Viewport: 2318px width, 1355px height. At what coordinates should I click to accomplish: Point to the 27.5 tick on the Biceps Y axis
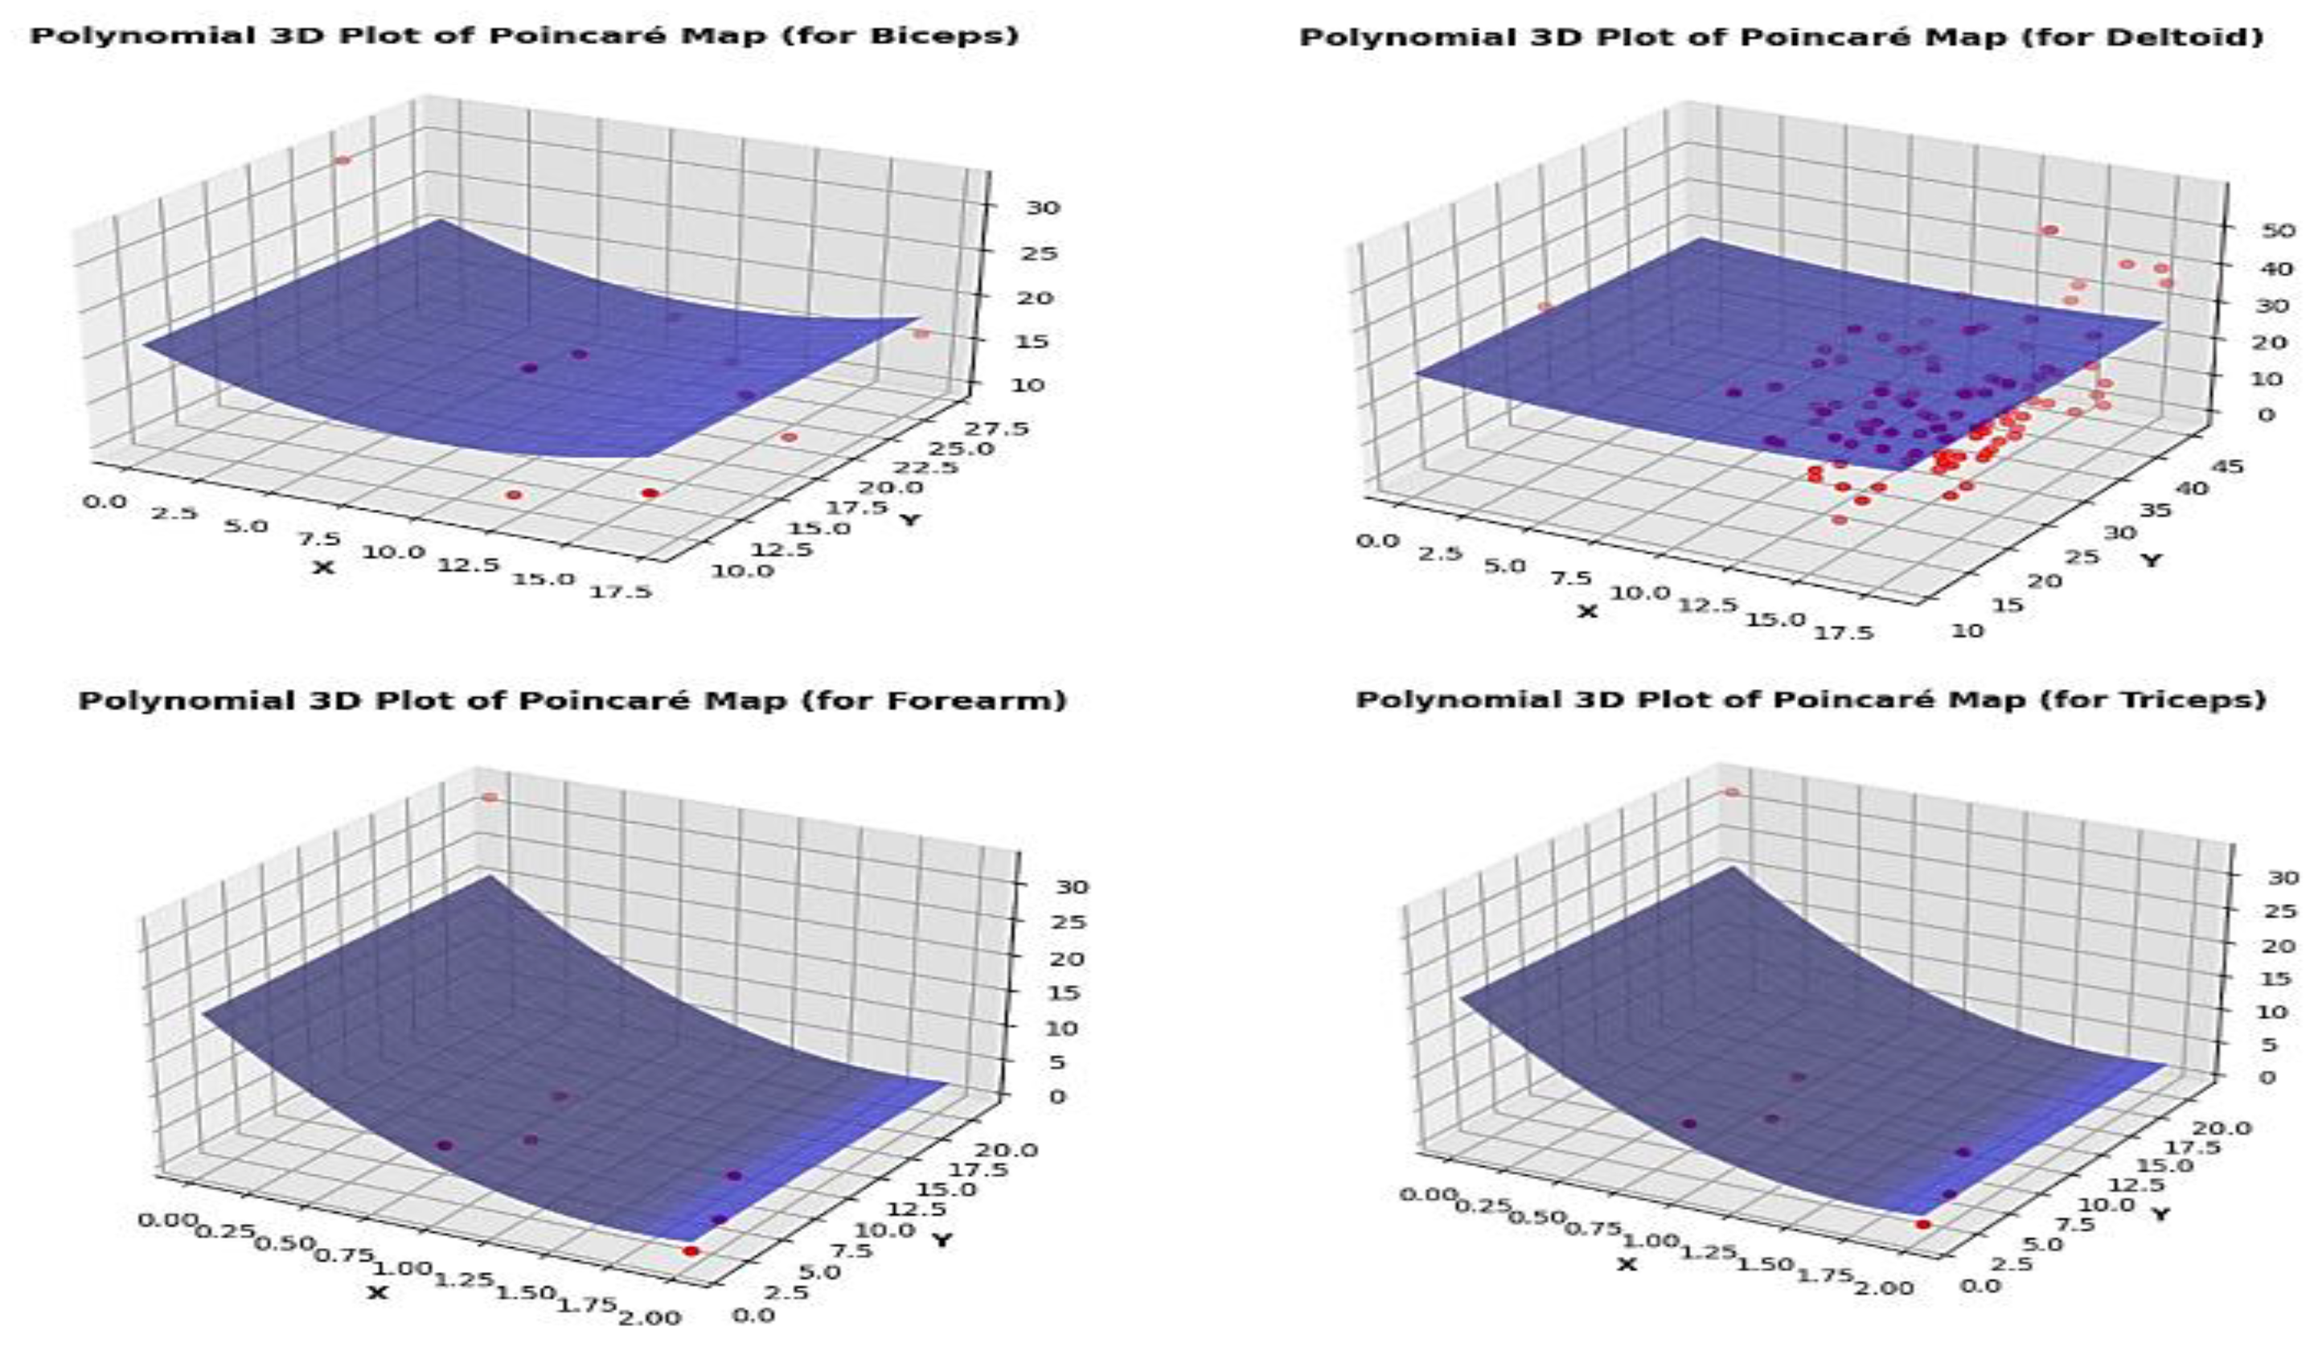point(999,429)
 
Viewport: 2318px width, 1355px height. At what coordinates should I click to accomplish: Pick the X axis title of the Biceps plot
point(324,568)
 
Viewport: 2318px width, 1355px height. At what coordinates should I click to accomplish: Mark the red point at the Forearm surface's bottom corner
point(691,1251)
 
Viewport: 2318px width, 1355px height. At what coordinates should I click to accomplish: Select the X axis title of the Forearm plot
point(377,1293)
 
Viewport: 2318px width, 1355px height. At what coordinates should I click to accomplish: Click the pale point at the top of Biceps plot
point(343,160)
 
